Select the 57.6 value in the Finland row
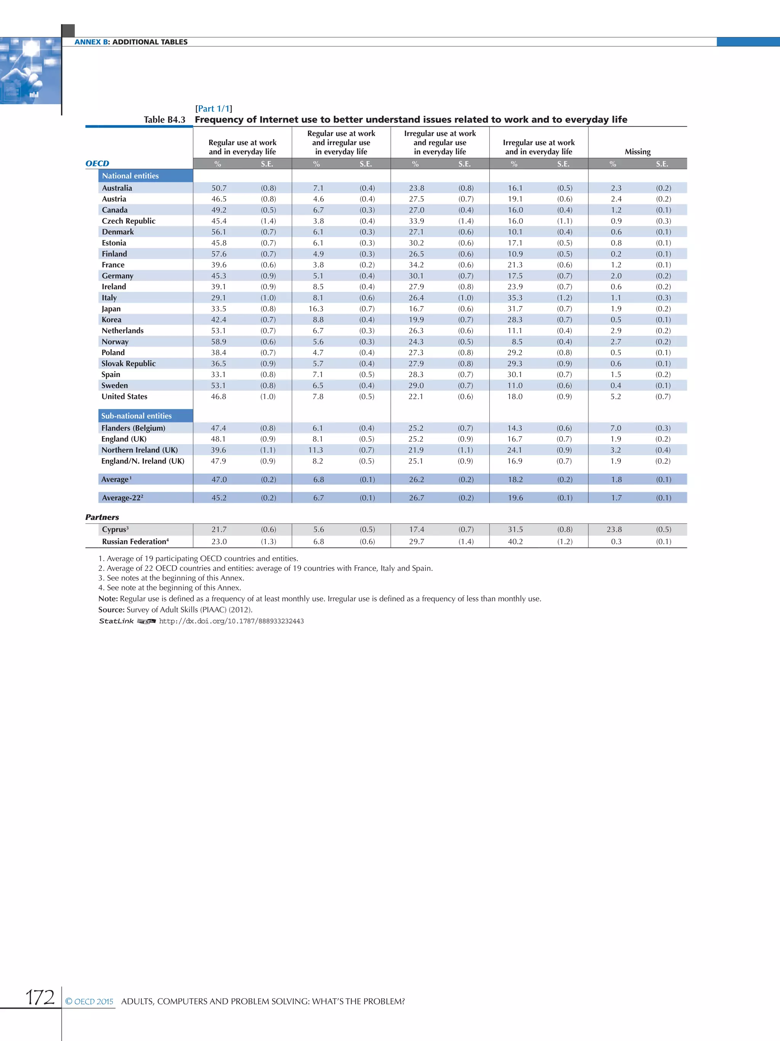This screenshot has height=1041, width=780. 219,253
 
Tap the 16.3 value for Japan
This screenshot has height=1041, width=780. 316,309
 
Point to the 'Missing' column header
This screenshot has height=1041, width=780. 637,152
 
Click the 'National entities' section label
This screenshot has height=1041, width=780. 130,176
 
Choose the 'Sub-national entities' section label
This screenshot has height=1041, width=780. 136,415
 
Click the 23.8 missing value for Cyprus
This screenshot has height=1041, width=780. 614,529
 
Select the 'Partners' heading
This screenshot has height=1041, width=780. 102,517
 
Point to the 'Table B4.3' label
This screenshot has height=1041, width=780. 165,120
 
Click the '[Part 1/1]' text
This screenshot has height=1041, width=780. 213,109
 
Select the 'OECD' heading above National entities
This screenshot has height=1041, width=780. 97,163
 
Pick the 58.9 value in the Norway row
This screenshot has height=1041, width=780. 219,342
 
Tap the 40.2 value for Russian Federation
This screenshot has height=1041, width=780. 515,541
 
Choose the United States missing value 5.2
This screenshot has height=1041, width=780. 615,396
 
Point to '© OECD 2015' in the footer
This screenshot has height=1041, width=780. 90,1001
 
